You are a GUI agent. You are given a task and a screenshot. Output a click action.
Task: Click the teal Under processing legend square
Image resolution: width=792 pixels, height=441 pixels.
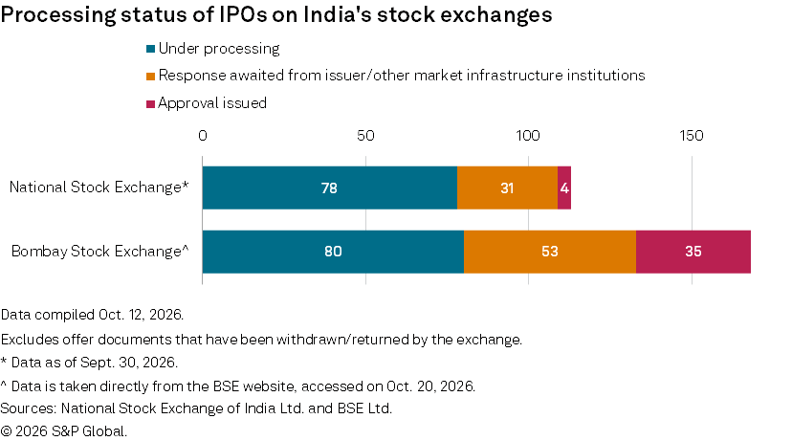pos(150,49)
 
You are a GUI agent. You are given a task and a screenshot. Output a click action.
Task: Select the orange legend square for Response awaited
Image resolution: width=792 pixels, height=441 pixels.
pos(150,77)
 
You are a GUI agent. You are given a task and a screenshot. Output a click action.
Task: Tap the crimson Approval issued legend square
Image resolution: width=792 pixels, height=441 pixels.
pos(150,104)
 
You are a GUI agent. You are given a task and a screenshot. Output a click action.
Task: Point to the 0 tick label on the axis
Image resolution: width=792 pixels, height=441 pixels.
pos(203,136)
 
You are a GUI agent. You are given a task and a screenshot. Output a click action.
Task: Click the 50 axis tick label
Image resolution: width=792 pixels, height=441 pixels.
pos(365,136)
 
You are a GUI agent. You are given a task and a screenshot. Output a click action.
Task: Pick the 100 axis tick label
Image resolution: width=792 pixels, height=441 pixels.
pos(528,136)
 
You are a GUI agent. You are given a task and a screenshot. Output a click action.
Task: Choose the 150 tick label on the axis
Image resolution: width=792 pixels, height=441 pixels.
pos(692,136)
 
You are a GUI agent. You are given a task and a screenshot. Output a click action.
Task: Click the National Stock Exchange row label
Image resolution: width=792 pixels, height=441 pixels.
pos(99,187)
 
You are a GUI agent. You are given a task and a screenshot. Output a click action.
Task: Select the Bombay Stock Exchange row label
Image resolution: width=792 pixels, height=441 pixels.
pos(100,251)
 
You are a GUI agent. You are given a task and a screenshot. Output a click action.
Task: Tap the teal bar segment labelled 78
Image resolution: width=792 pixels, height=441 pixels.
pos(330,187)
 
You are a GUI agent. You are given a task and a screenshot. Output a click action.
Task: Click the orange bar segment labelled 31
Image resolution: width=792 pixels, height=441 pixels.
pos(508,187)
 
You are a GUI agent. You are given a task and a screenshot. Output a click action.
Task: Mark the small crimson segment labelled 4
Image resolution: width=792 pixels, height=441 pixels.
pos(564,187)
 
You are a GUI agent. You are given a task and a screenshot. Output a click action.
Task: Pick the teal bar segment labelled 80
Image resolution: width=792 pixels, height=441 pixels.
pos(334,252)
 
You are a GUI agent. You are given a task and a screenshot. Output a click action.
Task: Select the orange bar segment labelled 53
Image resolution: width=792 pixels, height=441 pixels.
pos(550,252)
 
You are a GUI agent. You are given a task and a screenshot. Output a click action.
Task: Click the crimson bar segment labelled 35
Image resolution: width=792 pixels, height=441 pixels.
pos(693,252)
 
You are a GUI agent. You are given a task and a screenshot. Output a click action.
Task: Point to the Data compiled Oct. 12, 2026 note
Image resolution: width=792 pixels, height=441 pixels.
pos(92,315)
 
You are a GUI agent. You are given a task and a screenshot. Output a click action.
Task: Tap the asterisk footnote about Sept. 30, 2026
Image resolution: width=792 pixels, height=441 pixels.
pos(89,363)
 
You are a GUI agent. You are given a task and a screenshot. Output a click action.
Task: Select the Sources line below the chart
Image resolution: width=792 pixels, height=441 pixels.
pos(196,408)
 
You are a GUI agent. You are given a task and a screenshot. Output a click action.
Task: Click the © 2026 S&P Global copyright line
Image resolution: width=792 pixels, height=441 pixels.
pos(64,431)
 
